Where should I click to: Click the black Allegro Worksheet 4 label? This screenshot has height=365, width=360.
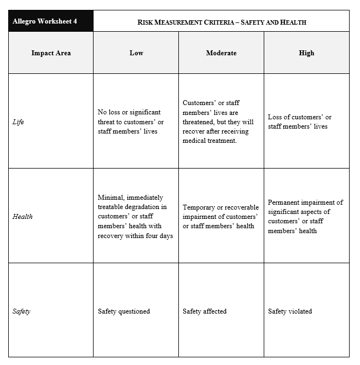click(45, 21)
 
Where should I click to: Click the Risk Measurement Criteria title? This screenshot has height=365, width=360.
click(221, 22)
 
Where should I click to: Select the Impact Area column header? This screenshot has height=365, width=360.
click(51, 53)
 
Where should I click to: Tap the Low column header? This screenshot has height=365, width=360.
click(136, 53)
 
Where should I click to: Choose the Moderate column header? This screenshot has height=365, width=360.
click(221, 53)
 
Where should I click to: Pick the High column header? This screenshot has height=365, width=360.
click(306, 53)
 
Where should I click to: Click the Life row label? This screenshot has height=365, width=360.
click(18, 122)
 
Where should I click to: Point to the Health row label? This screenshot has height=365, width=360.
click(22, 217)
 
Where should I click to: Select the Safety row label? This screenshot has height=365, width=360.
click(21, 311)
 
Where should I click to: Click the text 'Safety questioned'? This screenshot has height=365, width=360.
click(124, 311)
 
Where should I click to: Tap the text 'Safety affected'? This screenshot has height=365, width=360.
click(205, 311)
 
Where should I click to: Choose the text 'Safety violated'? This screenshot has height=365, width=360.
click(290, 311)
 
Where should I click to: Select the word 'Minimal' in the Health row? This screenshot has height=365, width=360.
click(111, 198)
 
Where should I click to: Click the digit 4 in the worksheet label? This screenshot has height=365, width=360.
click(75, 21)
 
